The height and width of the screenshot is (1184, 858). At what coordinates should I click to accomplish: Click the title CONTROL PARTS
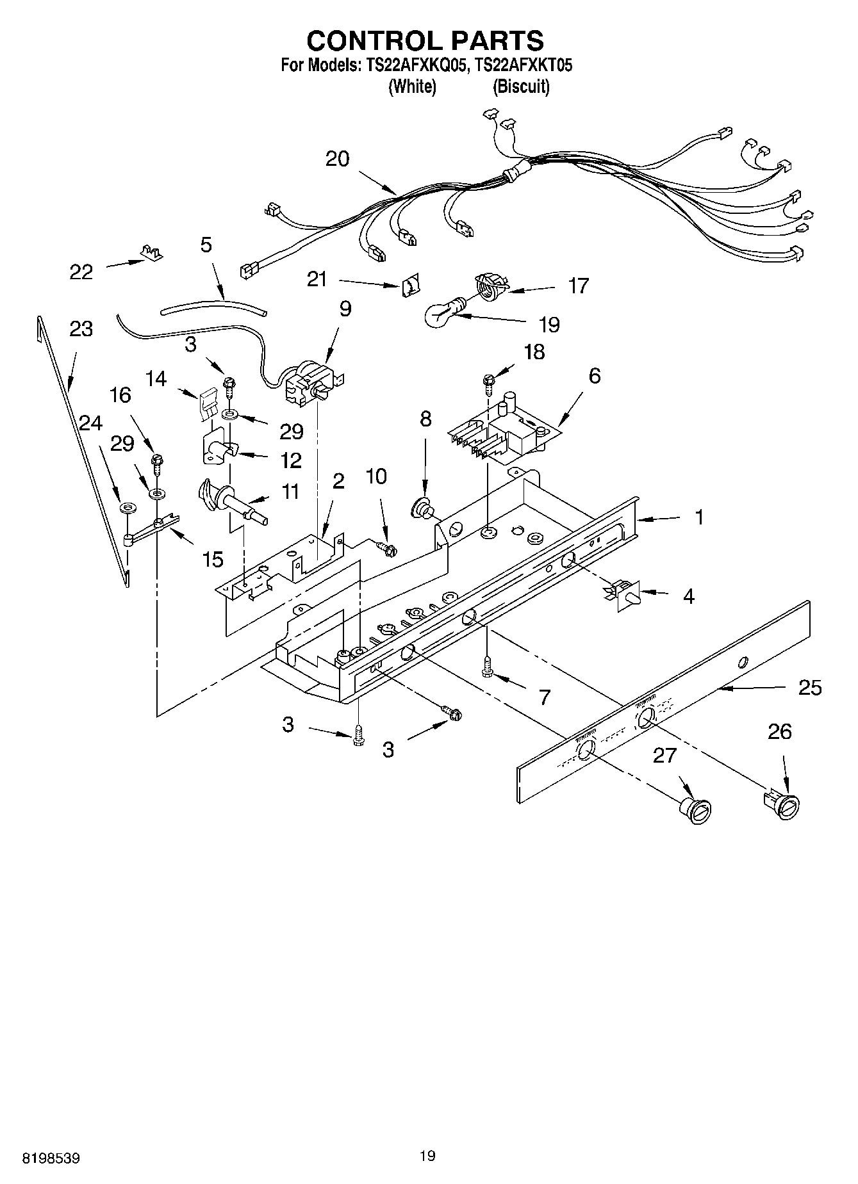tap(425, 40)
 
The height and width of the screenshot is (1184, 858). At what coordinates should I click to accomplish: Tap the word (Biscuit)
tap(520, 87)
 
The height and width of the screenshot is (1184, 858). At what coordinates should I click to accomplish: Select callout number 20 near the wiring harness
tap(337, 159)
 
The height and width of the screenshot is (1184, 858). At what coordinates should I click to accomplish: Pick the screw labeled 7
tap(488, 665)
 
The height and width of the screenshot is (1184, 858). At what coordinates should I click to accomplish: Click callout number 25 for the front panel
tap(810, 688)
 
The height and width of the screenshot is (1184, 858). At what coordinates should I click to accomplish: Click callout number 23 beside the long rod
tap(81, 329)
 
